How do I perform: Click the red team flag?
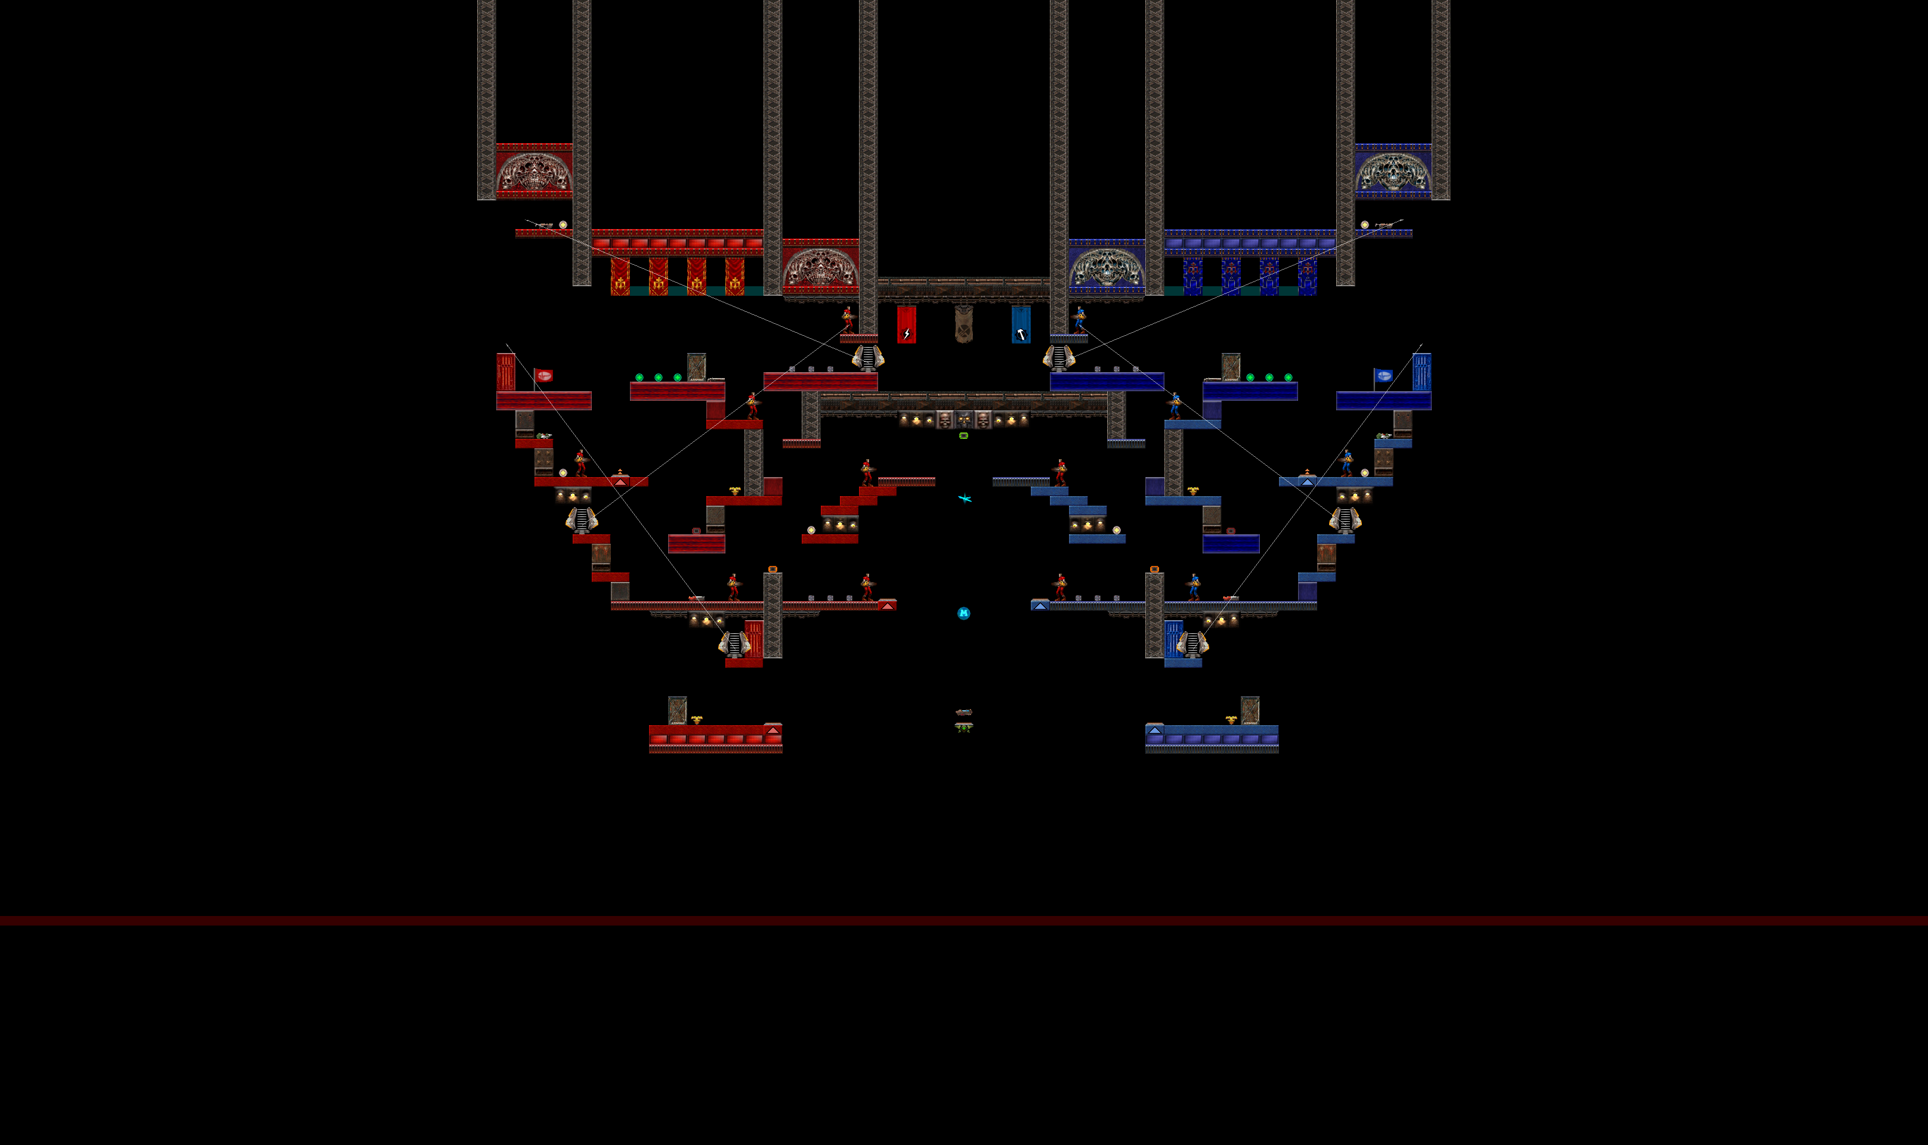544,376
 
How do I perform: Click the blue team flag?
1383,376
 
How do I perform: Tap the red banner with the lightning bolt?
906,324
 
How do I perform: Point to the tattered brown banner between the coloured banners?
963,323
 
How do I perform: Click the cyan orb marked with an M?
963,614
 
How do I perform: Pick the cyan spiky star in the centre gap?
965,499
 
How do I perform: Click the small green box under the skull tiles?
963,436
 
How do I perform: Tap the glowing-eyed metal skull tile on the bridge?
963,420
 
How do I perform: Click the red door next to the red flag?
505,372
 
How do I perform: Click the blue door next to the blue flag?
1422,372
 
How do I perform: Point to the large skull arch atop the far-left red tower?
534,171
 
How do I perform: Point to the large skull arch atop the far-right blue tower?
1393,171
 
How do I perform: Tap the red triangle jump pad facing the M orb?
887,606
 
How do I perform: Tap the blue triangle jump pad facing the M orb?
1040,606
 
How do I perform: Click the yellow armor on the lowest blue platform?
1231,720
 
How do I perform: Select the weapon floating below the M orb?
963,712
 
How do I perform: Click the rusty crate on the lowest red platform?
677,710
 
